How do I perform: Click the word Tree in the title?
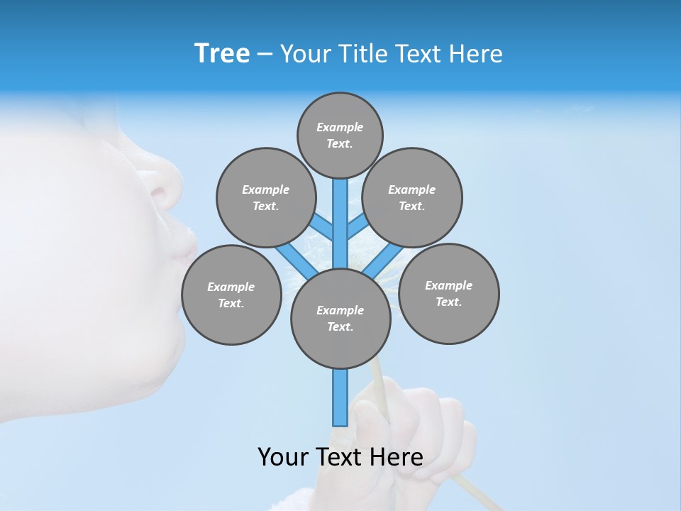click(222, 54)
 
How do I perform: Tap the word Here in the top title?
click(477, 54)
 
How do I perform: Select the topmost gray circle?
click(340, 135)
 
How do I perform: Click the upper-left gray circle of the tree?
click(265, 197)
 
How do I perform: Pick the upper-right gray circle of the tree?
click(412, 197)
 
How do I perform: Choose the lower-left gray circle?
click(231, 295)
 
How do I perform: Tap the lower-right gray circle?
click(449, 293)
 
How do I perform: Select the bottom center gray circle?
click(340, 319)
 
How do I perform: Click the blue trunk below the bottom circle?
click(340, 397)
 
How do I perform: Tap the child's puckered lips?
click(183, 245)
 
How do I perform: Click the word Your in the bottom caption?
click(283, 457)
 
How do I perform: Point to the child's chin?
click(142, 334)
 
